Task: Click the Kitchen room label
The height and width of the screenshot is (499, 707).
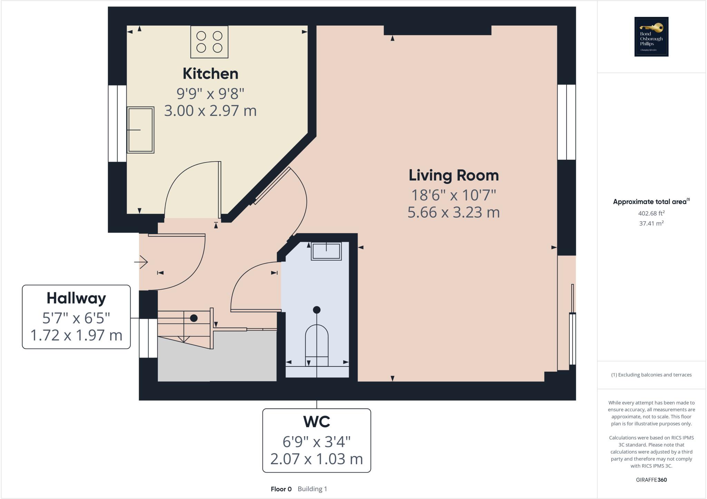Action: click(x=210, y=74)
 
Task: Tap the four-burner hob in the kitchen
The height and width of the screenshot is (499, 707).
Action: click(x=209, y=42)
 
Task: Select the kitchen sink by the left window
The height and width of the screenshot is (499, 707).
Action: click(x=141, y=130)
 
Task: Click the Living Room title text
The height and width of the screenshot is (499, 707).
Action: click(x=454, y=176)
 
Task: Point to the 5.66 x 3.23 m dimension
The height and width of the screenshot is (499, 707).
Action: click(x=454, y=212)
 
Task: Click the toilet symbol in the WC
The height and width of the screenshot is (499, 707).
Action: click(x=317, y=345)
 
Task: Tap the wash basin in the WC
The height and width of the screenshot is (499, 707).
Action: click(x=326, y=251)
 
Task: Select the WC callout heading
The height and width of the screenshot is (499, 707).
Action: click(x=317, y=422)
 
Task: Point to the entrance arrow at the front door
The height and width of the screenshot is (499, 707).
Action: click(x=141, y=262)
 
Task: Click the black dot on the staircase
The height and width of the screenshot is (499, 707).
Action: click(x=194, y=318)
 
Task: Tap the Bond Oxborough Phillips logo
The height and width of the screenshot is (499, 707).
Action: click(x=651, y=37)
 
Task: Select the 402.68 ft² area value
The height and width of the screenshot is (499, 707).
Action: click(x=651, y=213)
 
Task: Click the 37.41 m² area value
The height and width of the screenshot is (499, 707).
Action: click(x=651, y=223)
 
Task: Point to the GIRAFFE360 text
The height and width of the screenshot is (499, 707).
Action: click(x=651, y=480)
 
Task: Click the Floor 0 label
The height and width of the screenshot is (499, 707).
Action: click(x=281, y=489)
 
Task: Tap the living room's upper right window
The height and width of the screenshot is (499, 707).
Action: click(x=566, y=122)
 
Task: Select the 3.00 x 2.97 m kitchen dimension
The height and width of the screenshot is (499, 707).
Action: click(x=210, y=111)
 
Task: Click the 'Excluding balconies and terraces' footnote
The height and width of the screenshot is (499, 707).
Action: click(x=651, y=375)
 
